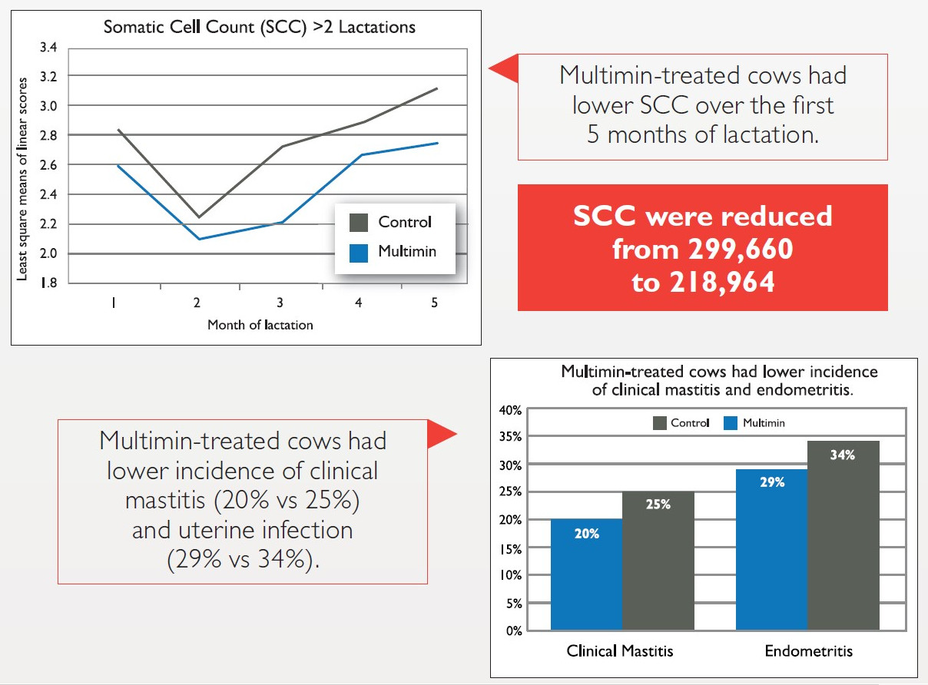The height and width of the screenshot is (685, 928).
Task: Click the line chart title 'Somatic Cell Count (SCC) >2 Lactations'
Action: click(x=260, y=28)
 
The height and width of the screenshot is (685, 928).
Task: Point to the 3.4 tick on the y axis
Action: click(x=48, y=48)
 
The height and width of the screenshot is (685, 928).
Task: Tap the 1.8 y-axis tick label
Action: click(x=48, y=283)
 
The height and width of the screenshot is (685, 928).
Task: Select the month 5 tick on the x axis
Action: click(x=435, y=303)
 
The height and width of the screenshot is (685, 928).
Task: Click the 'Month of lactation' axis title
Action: click(x=260, y=324)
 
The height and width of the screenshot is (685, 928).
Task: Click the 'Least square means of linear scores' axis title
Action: click(x=23, y=178)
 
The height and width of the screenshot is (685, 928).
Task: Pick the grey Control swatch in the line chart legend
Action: click(x=358, y=223)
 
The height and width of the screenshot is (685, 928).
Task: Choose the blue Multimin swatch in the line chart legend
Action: click(x=358, y=252)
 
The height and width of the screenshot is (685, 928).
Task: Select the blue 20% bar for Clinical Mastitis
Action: click(x=586, y=576)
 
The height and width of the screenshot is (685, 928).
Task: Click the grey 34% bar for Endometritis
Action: click(x=843, y=538)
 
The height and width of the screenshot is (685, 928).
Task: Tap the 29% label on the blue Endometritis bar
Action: click(x=772, y=482)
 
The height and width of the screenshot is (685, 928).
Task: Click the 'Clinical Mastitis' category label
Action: click(x=620, y=651)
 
